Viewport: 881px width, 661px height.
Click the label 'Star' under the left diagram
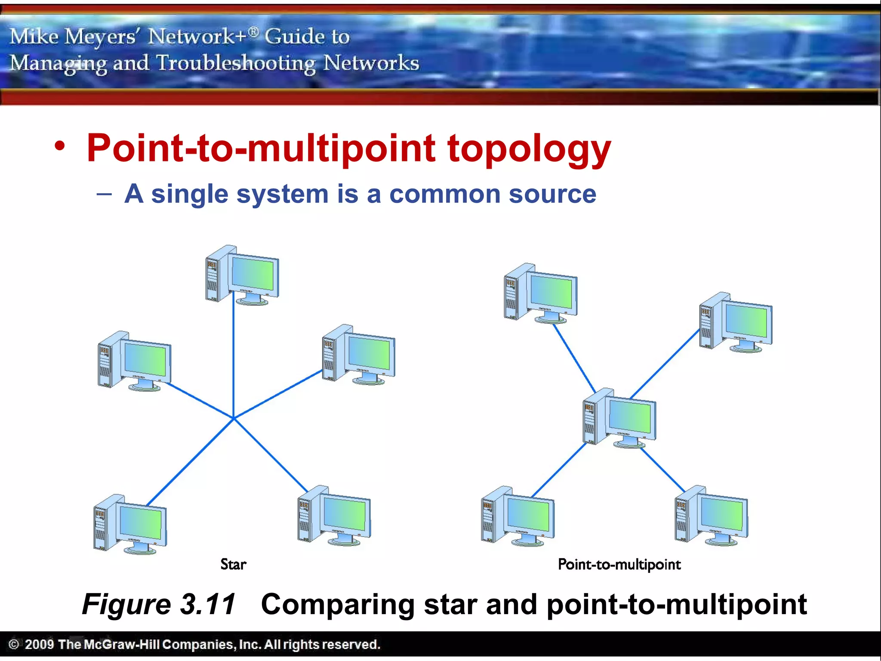233,564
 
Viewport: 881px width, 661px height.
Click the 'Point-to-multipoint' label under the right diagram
619,564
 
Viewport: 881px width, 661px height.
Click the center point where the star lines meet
234,418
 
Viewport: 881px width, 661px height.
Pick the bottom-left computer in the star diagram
130,524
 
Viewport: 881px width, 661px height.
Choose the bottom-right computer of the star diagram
334,516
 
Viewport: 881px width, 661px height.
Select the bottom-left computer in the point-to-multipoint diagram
518,516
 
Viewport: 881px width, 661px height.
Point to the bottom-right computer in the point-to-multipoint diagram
712,516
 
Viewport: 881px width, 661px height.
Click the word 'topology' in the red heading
529,148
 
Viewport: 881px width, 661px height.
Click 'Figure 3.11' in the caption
159,604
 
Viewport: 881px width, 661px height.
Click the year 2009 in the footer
39,644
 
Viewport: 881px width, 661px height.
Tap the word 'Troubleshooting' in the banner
236,63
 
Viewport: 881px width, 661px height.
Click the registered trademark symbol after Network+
254,31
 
